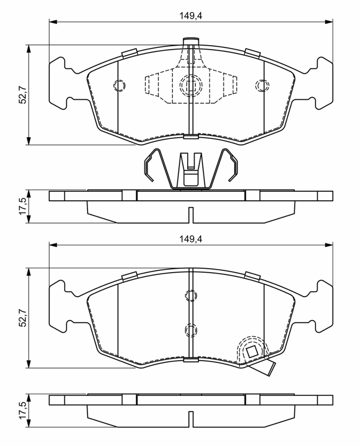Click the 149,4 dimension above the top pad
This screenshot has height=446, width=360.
pos(191,16)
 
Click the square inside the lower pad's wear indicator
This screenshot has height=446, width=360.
pos(252,352)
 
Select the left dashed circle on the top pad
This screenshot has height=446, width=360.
pos(119,85)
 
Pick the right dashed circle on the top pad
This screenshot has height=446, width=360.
pos(262,85)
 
